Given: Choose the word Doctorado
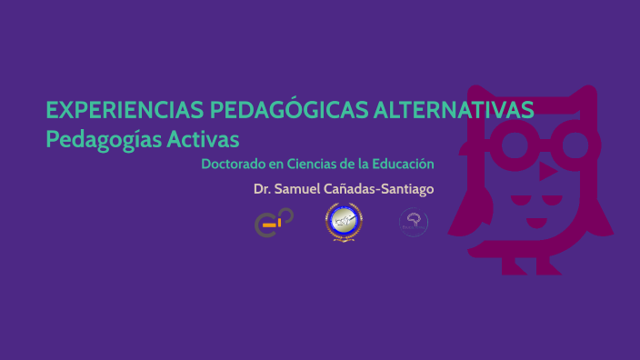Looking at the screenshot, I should click(232, 165).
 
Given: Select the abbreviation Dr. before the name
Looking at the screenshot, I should click(263, 189).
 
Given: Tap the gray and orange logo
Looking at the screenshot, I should click(273, 222).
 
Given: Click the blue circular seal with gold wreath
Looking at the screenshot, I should click(344, 222).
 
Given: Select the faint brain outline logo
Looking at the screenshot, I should click(415, 222).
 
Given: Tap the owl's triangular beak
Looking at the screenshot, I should click(546, 170).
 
